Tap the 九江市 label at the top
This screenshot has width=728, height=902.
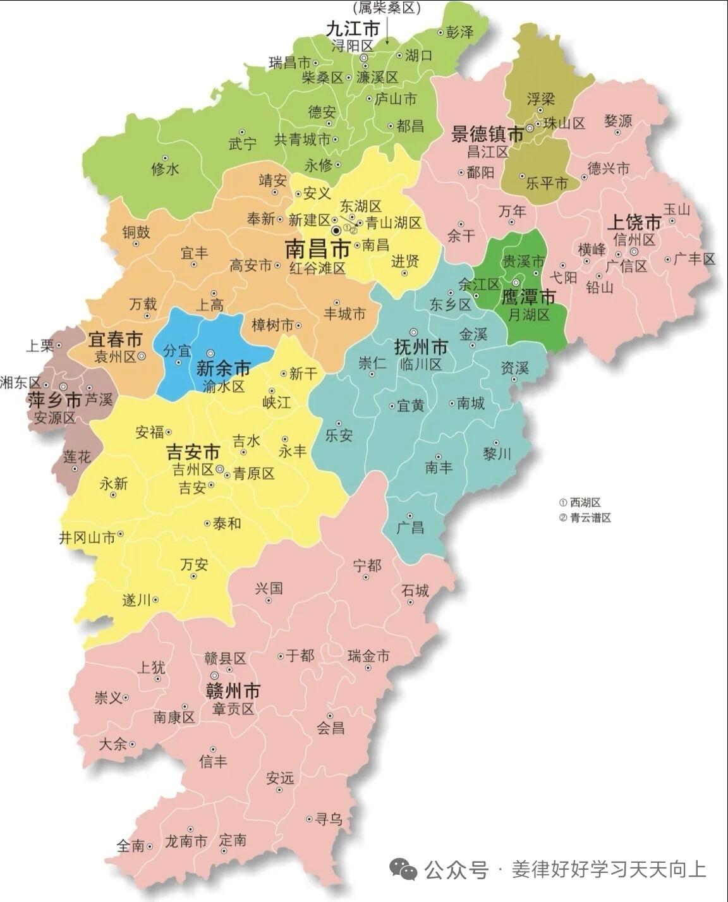pyautogui.click(x=353, y=29)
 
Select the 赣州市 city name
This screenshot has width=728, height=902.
pyautogui.click(x=233, y=691)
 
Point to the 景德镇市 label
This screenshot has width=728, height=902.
pyautogui.click(x=487, y=135)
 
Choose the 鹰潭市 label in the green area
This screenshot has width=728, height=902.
pyautogui.click(x=528, y=297)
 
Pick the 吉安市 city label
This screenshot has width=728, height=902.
pyautogui.click(x=193, y=453)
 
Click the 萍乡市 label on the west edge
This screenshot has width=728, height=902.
pyautogui.click(x=54, y=401)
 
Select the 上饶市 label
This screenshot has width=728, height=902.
pyautogui.click(x=634, y=222)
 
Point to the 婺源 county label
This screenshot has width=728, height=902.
pyautogui.click(x=617, y=121)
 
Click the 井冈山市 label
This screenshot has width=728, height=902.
pyautogui.click(x=87, y=538)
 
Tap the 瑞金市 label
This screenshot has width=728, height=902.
pyautogui.click(x=369, y=656)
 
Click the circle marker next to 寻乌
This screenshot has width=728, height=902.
pyautogui.click(x=309, y=819)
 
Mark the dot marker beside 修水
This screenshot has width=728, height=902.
pyautogui.click(x=165, y=158)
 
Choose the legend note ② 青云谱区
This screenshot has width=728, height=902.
pyautogui.click(x=585, y=518)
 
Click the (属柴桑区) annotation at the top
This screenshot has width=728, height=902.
pyautogui.click(x=386, y=8)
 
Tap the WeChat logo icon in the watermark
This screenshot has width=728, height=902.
pyautogui.click(x=403, y=871)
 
